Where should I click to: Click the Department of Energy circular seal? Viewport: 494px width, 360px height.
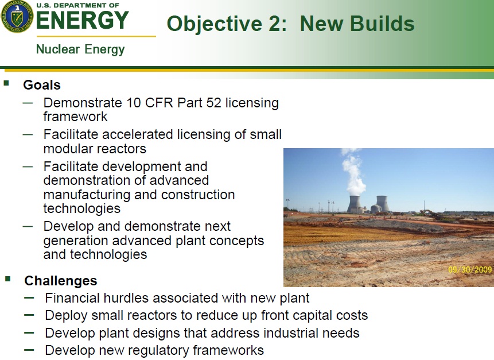coord(17,16)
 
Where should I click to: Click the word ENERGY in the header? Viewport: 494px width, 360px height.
coord(82,21)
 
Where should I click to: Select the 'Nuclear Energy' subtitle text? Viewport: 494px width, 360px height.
coord(80,49)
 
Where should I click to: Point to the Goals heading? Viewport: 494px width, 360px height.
coord(42,85)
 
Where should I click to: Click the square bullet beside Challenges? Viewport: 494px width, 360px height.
coord(8,278)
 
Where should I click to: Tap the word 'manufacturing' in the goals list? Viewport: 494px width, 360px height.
coord(87,195)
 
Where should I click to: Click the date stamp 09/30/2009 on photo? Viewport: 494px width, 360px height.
coord(470,269)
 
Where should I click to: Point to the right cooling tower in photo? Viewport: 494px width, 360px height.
coord(381,204)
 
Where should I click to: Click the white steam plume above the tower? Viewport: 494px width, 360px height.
coord(352,172)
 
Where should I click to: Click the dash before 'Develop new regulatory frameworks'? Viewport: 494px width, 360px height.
coord(29,349)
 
